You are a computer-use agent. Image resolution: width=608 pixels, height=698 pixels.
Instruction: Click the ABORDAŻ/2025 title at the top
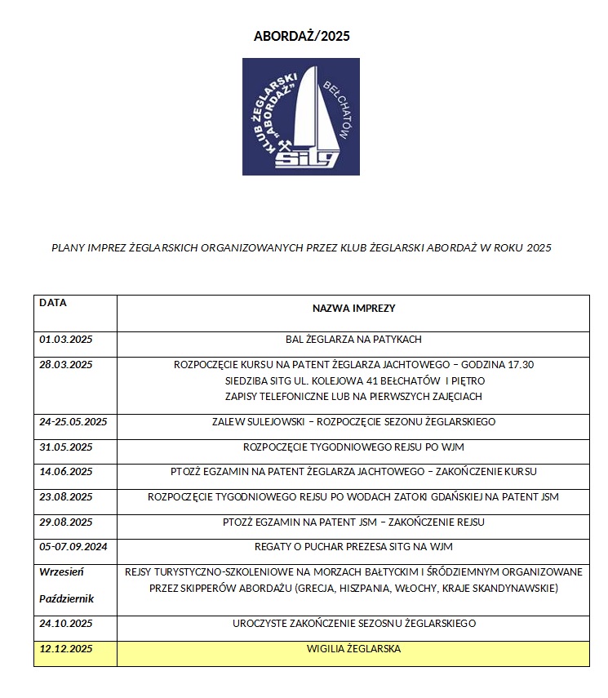[x=301, y=37]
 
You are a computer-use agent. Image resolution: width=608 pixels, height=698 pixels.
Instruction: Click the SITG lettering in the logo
[x=306, y=158]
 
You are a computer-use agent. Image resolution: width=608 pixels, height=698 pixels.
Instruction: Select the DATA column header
[x=53, y=302]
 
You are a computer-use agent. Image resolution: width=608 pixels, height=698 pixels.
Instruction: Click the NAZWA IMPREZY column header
[x=353, y=309]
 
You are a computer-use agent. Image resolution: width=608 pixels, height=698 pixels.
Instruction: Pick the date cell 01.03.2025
[x=66, y=340]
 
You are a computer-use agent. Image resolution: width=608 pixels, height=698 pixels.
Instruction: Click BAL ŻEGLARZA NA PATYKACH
[x=353, y=340]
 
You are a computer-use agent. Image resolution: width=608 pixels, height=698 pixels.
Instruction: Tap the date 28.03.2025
[x=66, y=364]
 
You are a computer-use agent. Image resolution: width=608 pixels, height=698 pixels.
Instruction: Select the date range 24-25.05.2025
[x=73, y=422]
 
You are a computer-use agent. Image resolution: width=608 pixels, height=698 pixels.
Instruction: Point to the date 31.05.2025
[x=66, y=447]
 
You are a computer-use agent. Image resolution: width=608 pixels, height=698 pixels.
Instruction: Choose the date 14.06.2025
[x=66, y=472]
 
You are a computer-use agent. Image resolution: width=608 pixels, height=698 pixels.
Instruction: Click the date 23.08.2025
[x=66, y=496]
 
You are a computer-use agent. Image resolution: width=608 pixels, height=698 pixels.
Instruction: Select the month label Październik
[x=67, y=598]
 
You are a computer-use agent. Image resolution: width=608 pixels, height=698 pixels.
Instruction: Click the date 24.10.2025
[x=66, y=624]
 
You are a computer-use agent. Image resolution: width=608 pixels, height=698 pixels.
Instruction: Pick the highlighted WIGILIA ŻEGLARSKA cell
[x=353, y=649]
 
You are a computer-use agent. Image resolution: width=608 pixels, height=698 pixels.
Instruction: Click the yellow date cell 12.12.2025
[x=66, y=649]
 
